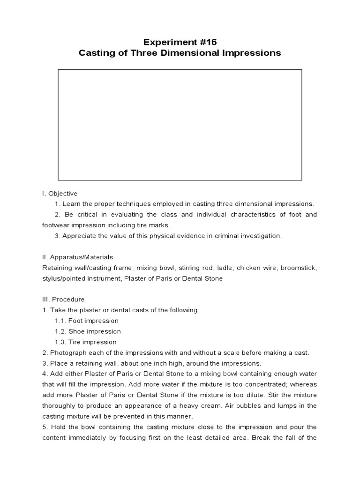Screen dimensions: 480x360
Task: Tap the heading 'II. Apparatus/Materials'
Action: click(77, 257)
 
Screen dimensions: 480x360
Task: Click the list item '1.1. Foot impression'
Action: click(86, 321)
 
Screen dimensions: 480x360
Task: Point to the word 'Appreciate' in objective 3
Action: click(78, 236)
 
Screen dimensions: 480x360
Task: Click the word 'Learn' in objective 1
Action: click(72, 204)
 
